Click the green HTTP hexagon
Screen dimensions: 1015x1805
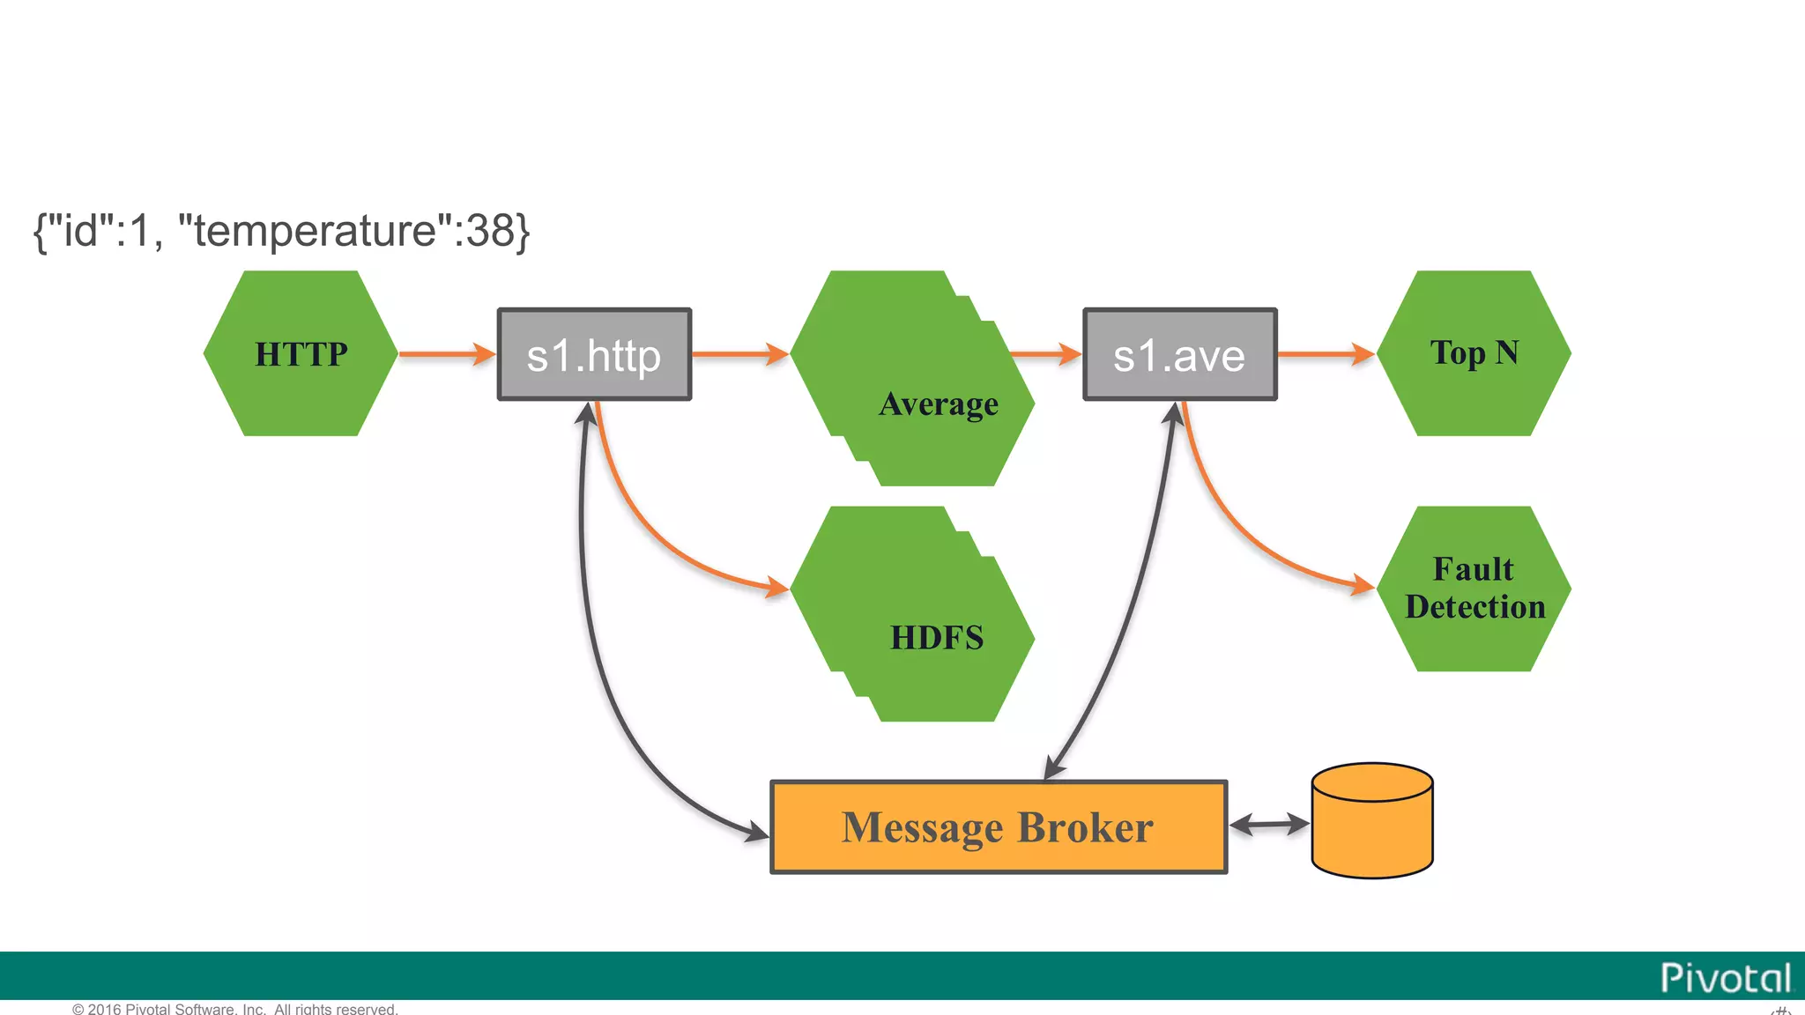(301, 353)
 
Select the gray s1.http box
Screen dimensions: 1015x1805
(594, 354)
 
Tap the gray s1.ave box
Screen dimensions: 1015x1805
(1179, 354)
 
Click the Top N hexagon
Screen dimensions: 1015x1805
(1474, 353)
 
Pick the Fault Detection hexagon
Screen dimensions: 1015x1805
(1474, 589)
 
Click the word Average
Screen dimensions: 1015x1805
(939, 404)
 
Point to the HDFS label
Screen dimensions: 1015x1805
(936, 637)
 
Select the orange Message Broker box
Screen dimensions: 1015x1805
(998, 827)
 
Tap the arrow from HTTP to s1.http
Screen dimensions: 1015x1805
(446, 354)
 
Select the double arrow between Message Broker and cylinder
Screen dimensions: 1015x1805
(1268, 825)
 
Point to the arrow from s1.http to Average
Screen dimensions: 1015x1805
(739, 354)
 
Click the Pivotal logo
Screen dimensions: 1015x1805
(1725, 978)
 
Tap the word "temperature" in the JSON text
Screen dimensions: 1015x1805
(316, 231)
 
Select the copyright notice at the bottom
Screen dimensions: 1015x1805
(234, 1009)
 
